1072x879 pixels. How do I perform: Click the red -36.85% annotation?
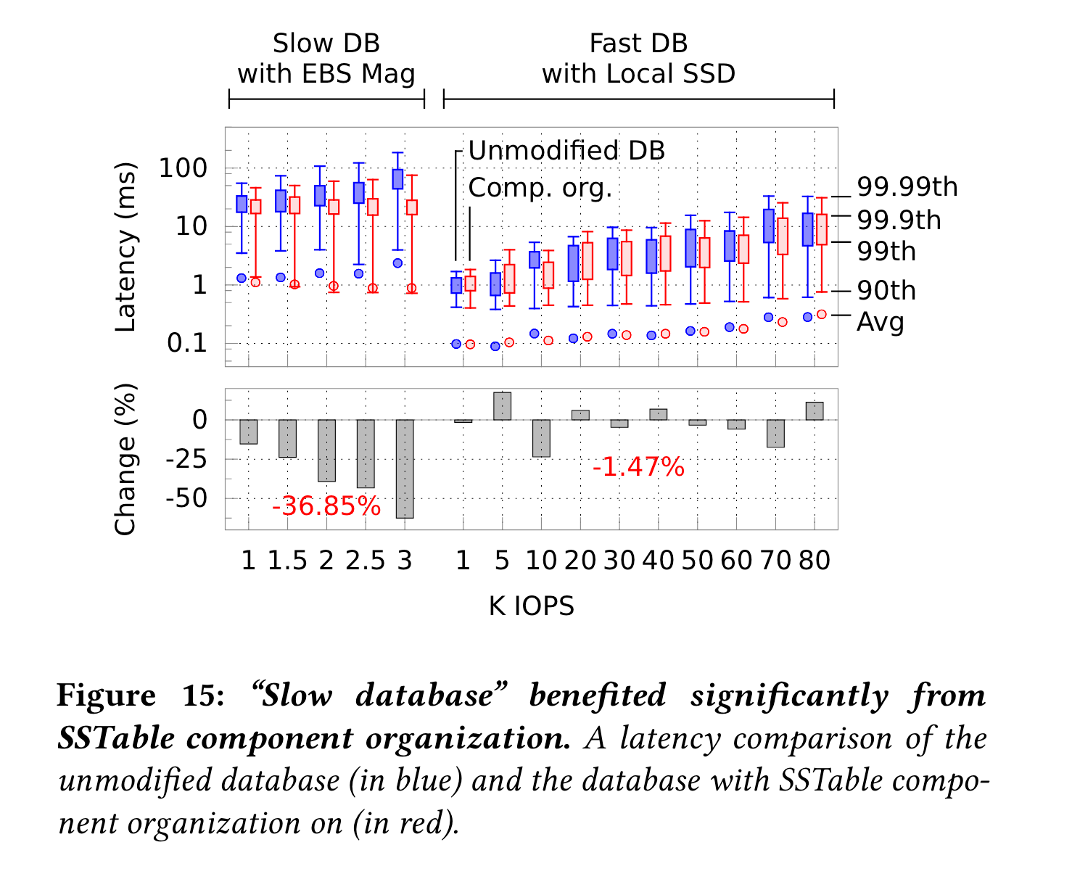326,506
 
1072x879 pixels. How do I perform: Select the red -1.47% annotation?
638,467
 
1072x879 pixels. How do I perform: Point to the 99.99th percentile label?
907,187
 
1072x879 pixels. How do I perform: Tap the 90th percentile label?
886,291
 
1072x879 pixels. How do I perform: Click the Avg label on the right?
881,321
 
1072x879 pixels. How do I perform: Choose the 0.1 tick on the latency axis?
187,343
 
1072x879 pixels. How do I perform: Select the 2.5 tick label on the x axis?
365,561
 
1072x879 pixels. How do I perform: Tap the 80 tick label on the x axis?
815,561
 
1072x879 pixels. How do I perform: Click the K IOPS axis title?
531,606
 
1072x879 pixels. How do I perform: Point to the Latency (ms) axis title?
126,247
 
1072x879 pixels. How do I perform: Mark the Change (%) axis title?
126,460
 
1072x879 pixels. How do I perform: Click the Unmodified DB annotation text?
566,151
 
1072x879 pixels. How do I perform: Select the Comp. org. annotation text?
540,188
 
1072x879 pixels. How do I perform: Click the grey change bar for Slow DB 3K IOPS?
405,469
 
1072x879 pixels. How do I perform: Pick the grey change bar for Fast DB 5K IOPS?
502,406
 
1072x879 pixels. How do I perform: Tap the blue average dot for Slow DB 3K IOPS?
398,263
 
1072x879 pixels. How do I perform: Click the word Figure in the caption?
106,696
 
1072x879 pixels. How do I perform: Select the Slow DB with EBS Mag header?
326,59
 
